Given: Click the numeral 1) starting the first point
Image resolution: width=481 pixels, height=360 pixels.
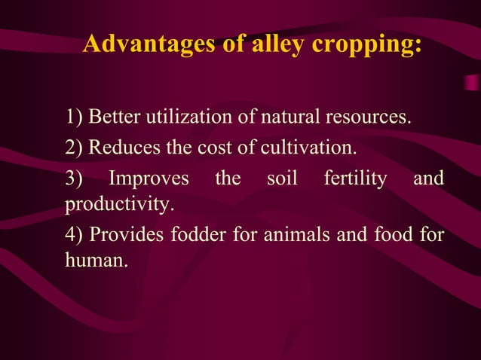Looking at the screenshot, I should click(x=75, y=117).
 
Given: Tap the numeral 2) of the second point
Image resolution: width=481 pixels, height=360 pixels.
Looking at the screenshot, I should click(x=75, y=147).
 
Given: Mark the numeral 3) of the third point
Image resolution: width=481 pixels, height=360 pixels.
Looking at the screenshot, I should click(x=75, y=179).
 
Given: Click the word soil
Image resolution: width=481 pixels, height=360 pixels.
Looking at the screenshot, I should click(x=282, y=179).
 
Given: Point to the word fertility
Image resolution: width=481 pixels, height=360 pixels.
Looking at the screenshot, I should click(x=355, y=180).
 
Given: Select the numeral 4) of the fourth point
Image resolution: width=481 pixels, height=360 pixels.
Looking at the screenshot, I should click(x=75, y=235).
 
